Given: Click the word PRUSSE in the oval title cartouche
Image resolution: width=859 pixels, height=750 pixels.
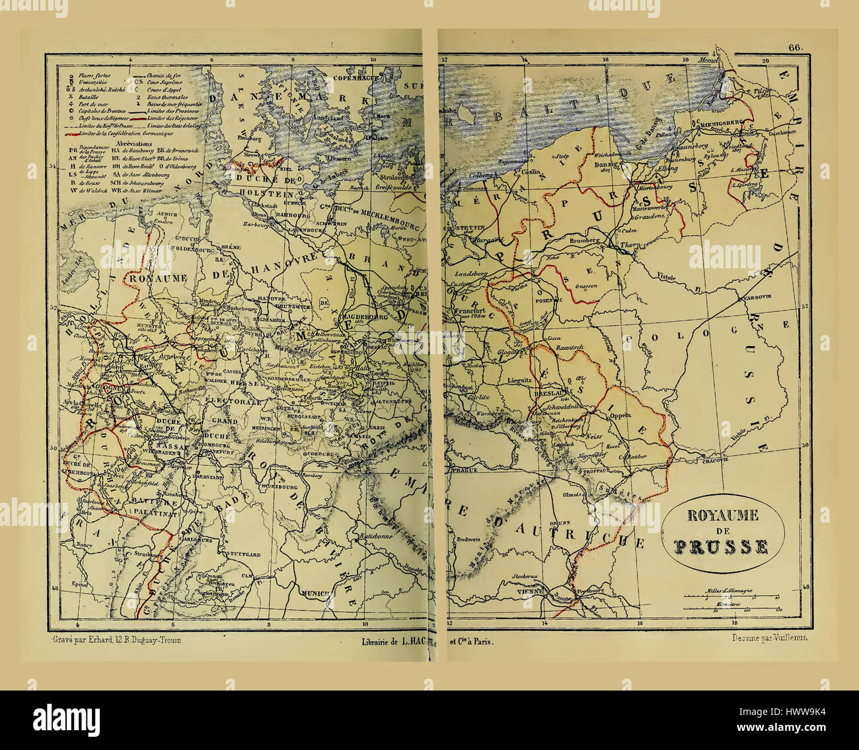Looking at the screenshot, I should (x=721, y=546).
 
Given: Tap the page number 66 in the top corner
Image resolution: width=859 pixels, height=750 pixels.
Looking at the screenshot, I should (x=794, y=47).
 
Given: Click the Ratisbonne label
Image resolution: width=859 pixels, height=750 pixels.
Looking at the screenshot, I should (x=375, y=536).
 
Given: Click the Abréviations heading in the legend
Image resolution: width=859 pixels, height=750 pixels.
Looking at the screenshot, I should (x=133, y=143).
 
